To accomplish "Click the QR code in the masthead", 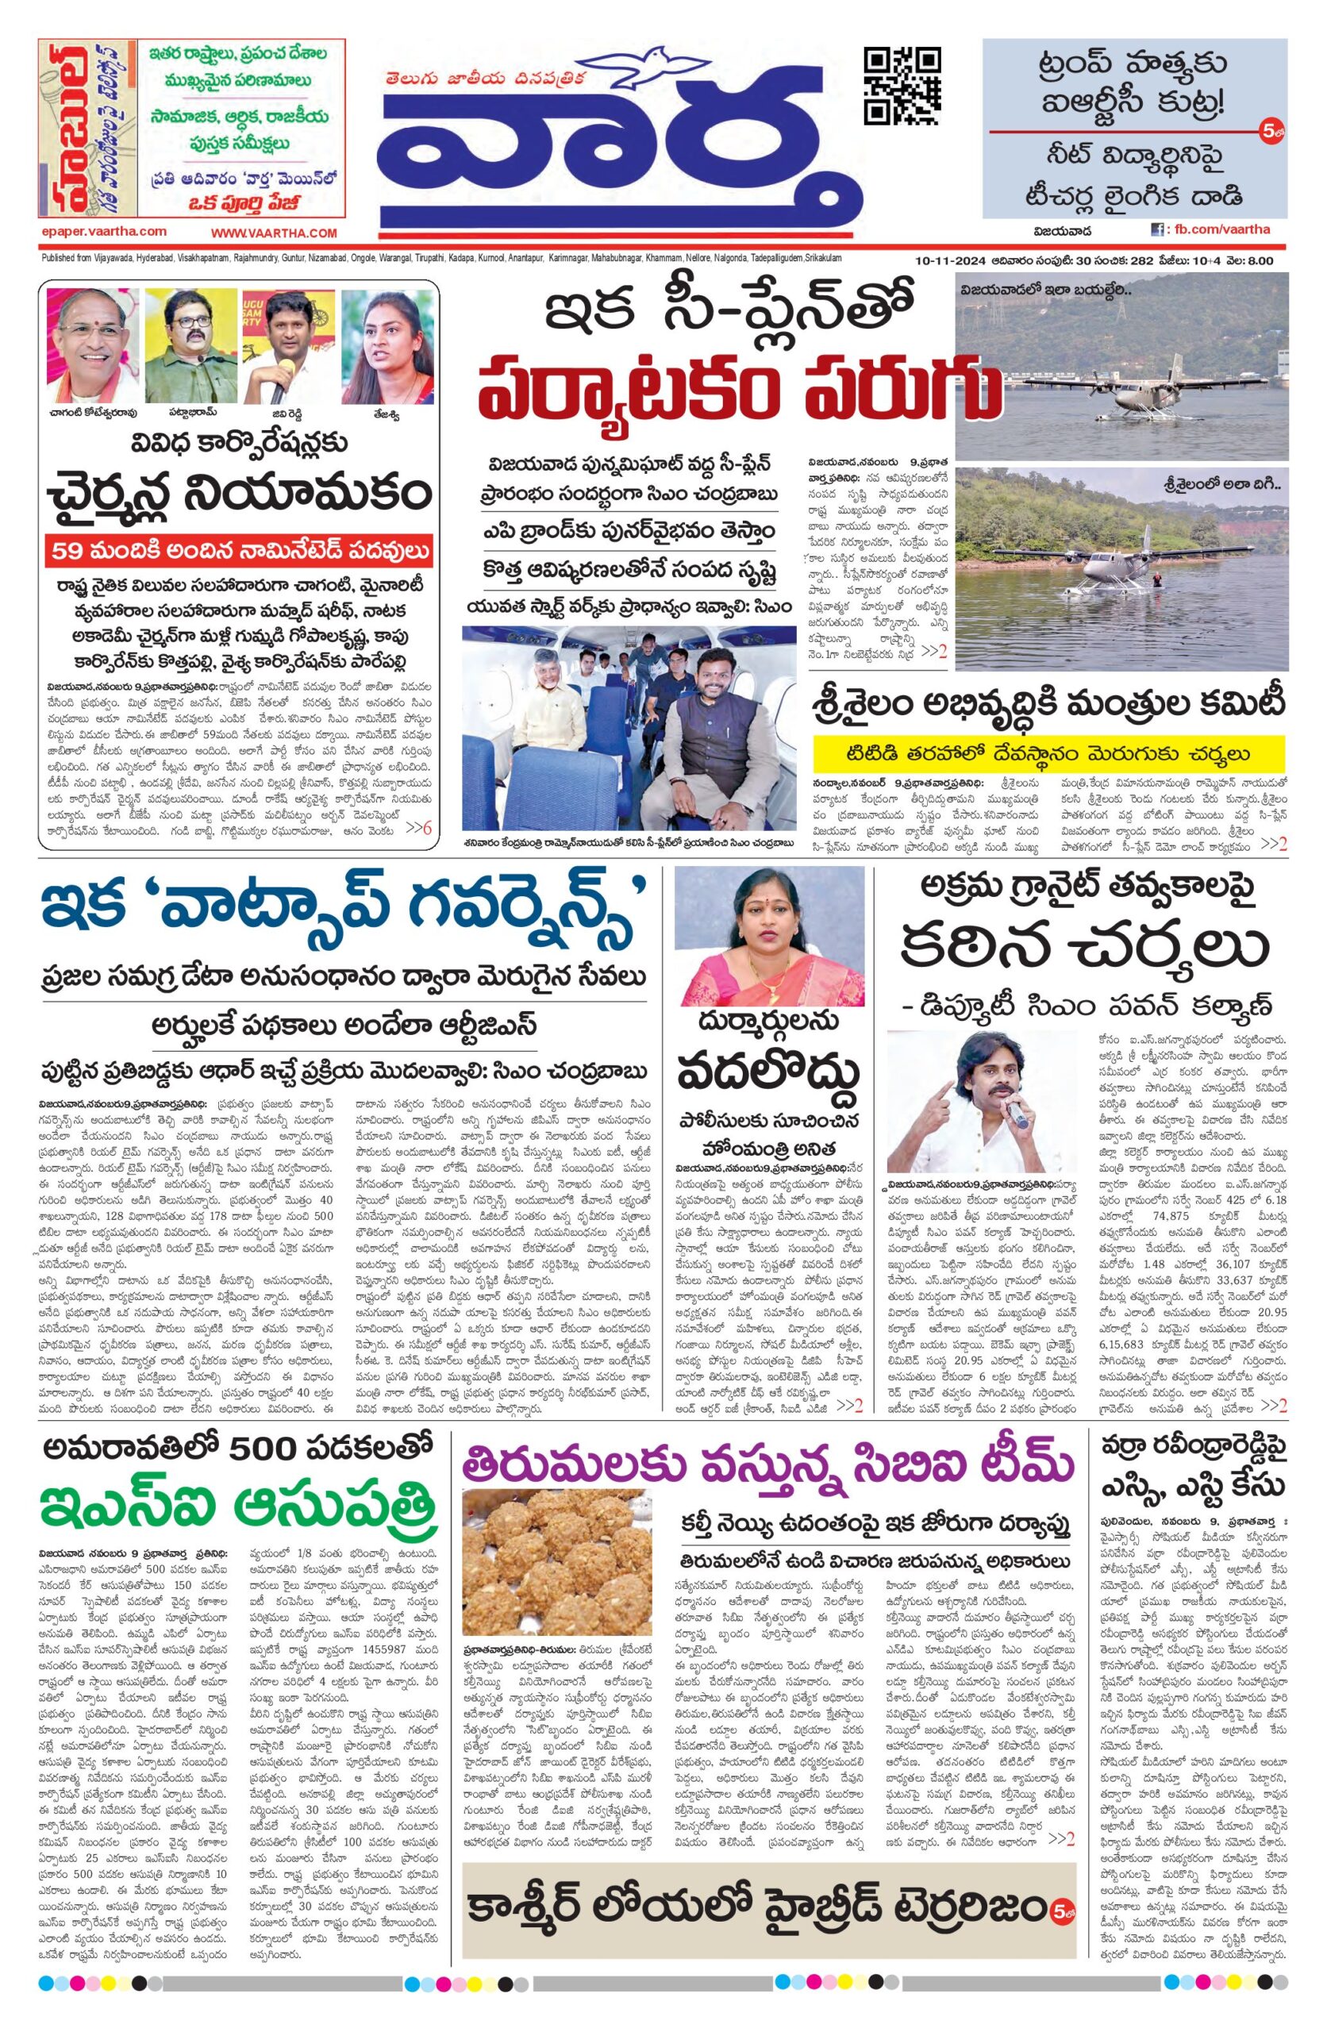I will click(x=902, y=87).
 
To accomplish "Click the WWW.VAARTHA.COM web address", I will click(x=274, y=233).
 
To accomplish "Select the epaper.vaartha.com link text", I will click(x=103, y=231).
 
